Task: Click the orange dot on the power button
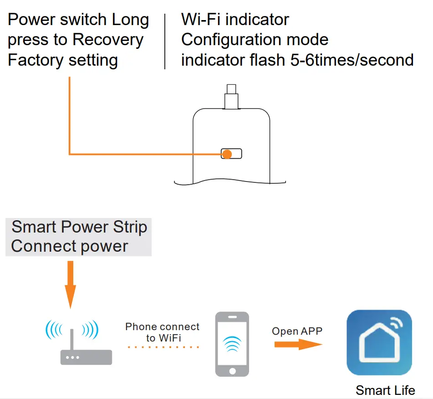(227, 154)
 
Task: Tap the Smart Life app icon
(379, 342)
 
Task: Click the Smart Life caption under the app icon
(385, 390)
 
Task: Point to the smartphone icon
(232, 344)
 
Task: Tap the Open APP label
(297, 331)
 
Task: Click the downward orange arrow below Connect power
(70, 285)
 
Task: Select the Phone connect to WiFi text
(163, 332)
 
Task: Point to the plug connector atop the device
(231, 97)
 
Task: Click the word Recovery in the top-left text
(108, 40)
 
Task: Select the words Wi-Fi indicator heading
(235, 20)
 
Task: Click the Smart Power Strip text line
(79, 227)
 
